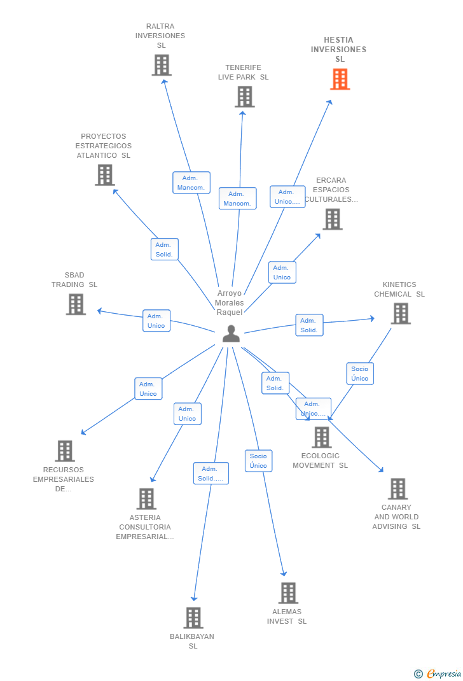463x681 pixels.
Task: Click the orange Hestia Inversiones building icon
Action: click(x=340, y=79)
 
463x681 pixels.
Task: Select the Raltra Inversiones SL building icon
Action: click(x=162, y=65)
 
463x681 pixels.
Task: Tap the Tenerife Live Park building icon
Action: click(x=244, y=97)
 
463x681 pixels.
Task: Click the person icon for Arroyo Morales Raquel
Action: click(x=231, y=333)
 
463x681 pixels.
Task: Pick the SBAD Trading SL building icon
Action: click(x=76, y=304)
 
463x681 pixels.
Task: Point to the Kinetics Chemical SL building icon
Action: click(x=400, y=313)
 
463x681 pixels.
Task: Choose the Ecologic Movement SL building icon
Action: click(x=321, y=437)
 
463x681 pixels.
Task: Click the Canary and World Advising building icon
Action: click(x=397, y=489)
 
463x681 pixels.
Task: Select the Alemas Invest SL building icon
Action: click(x=288, y=593)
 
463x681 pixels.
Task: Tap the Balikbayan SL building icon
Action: click(x=193, y=617)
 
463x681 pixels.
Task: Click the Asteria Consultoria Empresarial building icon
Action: click(x=146, y=498)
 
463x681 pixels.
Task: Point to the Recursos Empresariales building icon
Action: click(x=64, y=451)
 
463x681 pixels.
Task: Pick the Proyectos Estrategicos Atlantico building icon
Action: click(x=104, y=174)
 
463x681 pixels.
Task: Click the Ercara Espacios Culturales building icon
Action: click(x=332, y=219)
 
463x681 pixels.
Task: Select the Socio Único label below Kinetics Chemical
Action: click(x=359, y=374)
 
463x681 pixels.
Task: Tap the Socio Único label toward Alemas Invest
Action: click(x=258, y=461)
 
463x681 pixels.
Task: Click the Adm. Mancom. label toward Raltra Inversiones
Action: click(x=191, y=183)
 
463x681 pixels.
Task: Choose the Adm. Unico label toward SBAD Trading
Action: click(x=156, y=321)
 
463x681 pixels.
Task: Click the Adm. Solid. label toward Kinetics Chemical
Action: click(x=309, y=325)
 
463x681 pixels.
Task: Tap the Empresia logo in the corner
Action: click(x=438, y=673)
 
